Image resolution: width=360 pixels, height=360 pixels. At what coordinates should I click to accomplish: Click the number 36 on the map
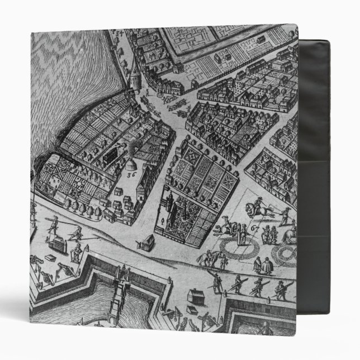pos(132,174)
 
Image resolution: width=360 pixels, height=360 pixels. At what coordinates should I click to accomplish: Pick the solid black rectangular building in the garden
pos(116,150)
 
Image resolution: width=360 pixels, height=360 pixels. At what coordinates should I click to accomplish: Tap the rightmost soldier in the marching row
pos(279,291)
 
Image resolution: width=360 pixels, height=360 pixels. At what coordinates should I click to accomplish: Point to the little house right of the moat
pos(196,295)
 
